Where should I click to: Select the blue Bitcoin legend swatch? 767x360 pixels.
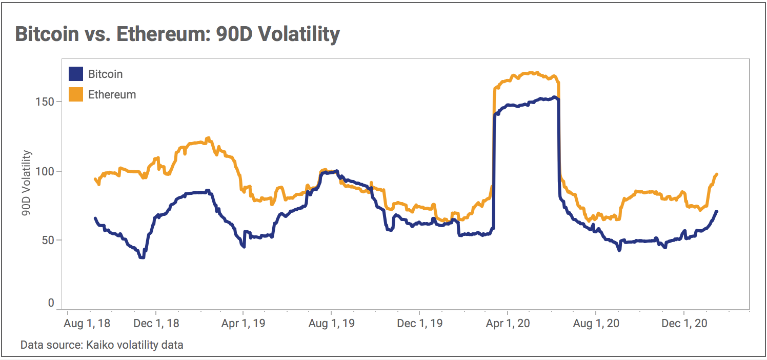pyautogui.click(x=76, y=74)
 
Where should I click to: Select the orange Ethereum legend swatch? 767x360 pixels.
pyautogui.click(x=76, y=94)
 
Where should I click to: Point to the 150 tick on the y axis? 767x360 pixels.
pyautogui.click(x=48, y=102)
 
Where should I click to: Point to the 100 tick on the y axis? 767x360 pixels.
pyautogui.click(x=48, y=171)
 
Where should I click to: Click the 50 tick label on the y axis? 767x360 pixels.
pyautogui.click(x=50, y=240)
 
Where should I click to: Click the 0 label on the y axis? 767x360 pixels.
pyautogui.click(x=51, y=303)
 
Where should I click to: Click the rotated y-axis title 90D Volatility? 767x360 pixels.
pyautogui.click(x=26, y=183)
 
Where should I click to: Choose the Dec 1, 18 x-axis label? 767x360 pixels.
pyautogui.click(x=156, y=324)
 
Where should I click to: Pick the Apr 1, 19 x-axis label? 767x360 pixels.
pyautogui.click(x=244, y=324)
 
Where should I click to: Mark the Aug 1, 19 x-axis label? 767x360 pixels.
pyautogui.click(x=331, y=324)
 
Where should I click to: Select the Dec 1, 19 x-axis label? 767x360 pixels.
pyautogui.click(x=420, y=324)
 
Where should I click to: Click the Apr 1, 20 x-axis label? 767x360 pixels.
pyautogui.click(x=508, y=324)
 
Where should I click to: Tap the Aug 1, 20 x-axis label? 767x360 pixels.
pyautogui.click(x=596, y=324)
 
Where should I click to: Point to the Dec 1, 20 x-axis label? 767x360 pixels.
pyautogui.click(x=684, y=324)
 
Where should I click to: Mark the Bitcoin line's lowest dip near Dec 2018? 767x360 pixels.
pyautogui.click(x=142, y=257)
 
